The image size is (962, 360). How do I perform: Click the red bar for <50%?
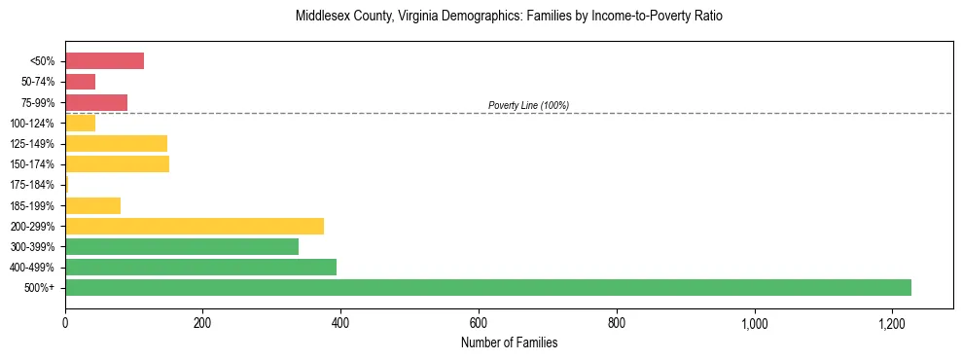[104, 61]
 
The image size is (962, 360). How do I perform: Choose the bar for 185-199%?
[92, 205]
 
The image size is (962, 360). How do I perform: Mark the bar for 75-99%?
[96, 102]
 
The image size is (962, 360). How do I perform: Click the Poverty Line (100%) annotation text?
[528, 105]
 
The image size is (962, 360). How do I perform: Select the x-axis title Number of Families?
[509, 342]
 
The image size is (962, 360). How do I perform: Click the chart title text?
[509, 17]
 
